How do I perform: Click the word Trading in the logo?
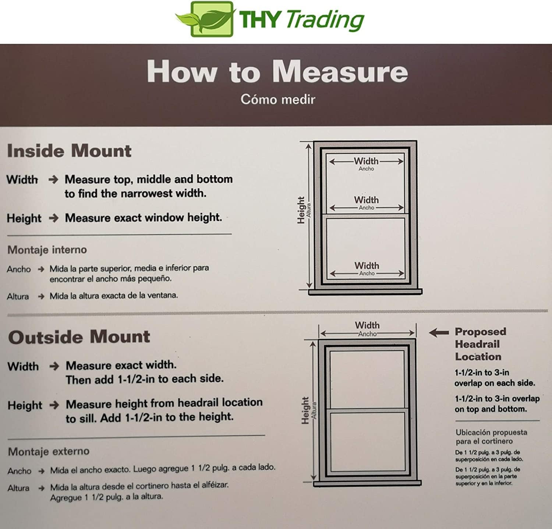(325, 20)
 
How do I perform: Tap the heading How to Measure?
(277, 71)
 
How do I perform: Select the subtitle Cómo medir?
(278, 99)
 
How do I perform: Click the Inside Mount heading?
(69, 151)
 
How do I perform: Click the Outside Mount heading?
(79, 337)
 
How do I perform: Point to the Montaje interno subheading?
(47, 250)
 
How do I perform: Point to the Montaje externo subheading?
(49, 451)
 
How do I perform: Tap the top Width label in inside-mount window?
(366, 161)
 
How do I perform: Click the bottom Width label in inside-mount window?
(367, 265)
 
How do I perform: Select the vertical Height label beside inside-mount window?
(301, 210)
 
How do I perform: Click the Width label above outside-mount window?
(367, 325)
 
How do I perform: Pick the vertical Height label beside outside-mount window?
(305, 410)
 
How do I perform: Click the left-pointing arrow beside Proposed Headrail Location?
(439, 333)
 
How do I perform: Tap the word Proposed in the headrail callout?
(481, 332)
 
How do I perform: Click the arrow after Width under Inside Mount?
(53, 180)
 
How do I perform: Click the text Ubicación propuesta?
(491, 432)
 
